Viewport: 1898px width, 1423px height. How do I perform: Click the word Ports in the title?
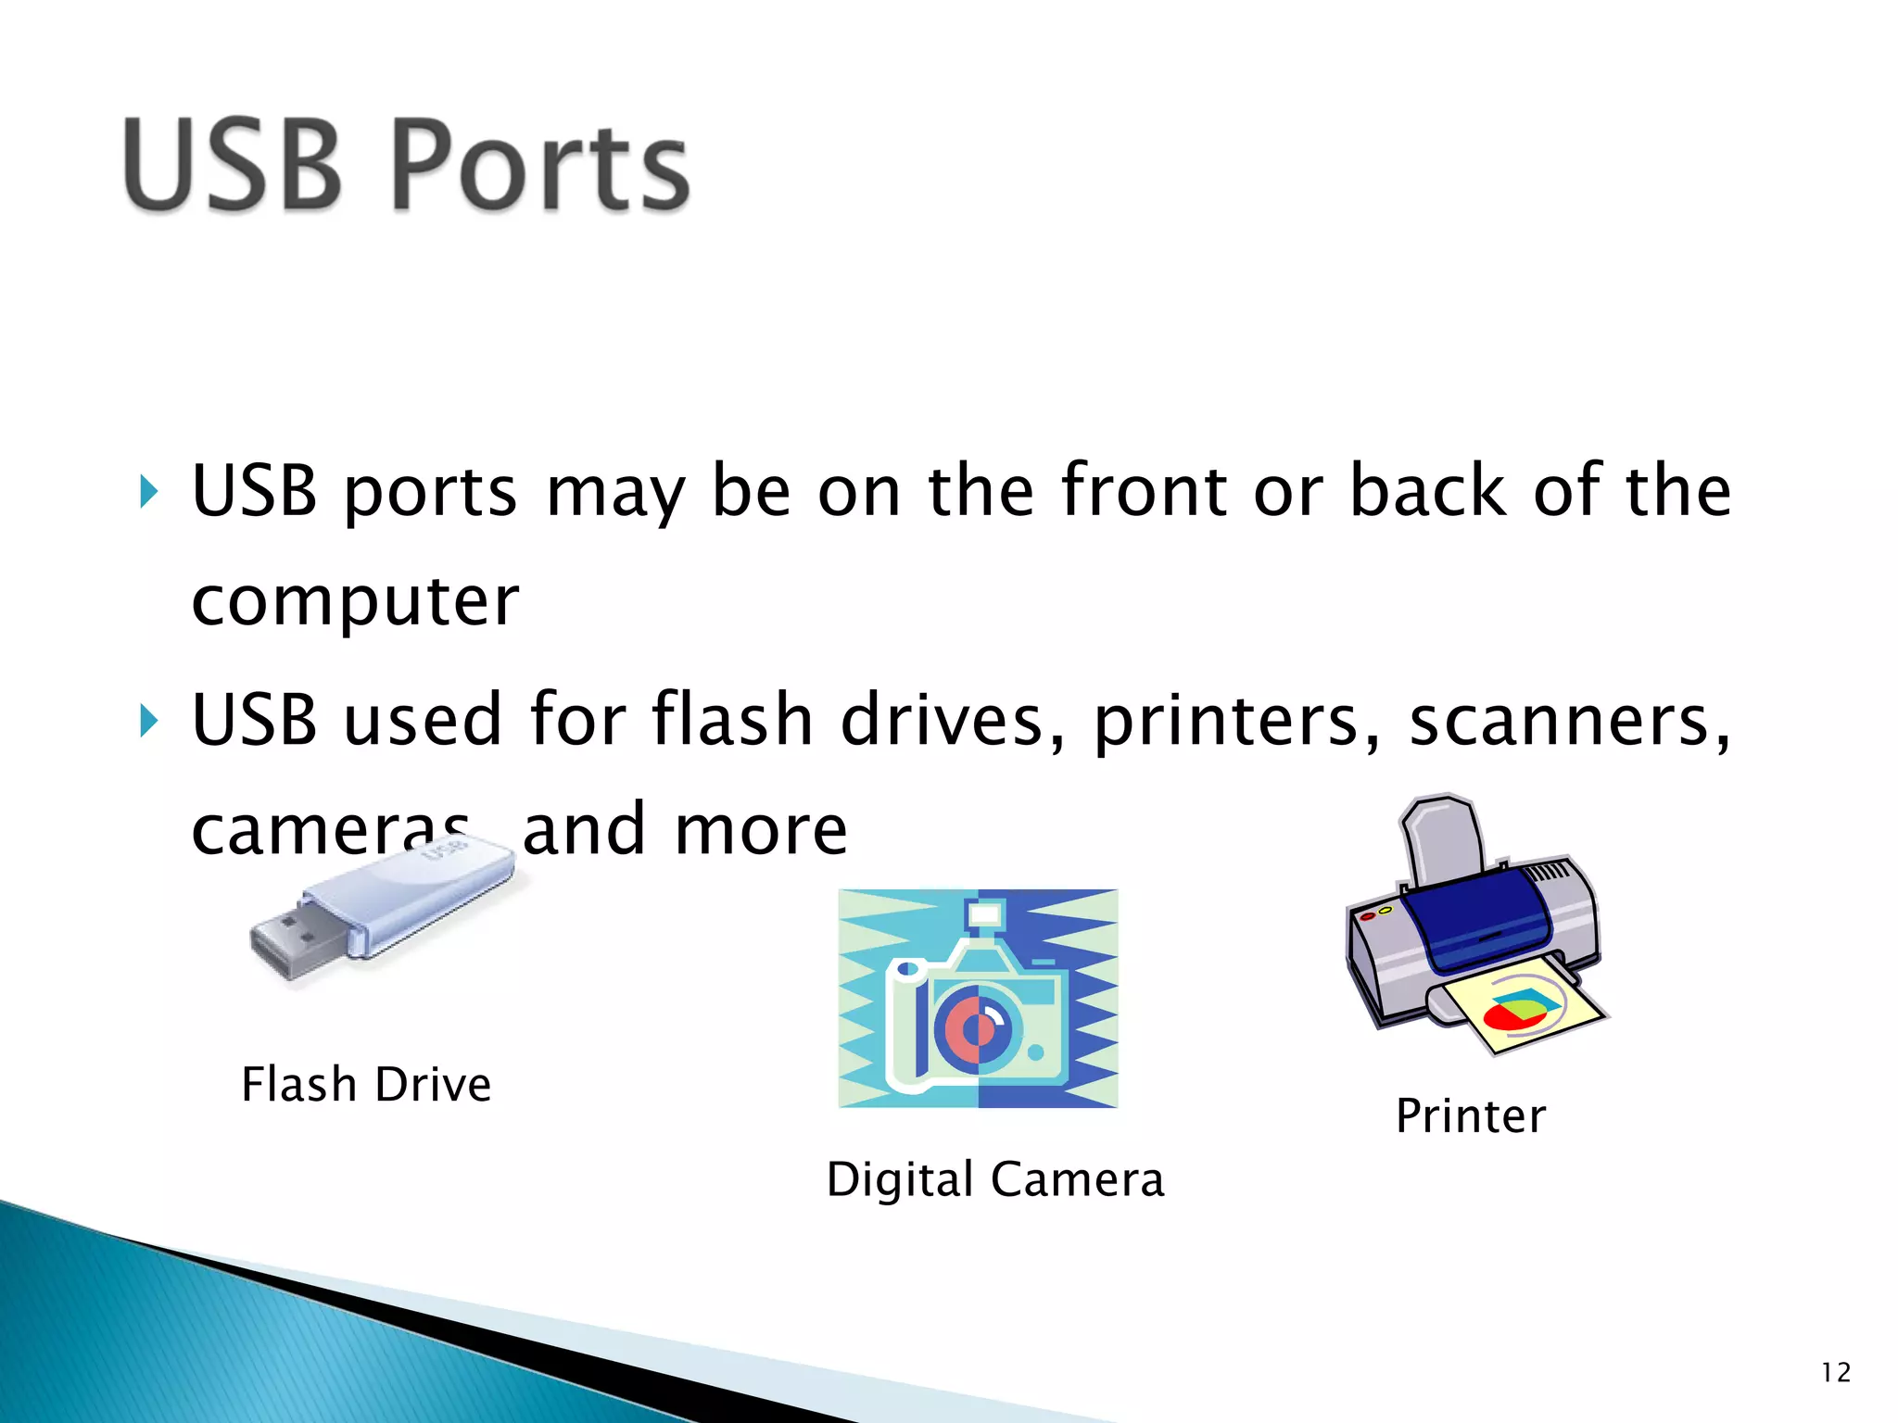pos(540,167)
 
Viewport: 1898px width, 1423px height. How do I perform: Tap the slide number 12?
pos(1836,1372)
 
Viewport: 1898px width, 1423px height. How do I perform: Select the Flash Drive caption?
pos(366,1085)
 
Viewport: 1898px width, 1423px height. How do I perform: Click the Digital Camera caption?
pos(995,1179)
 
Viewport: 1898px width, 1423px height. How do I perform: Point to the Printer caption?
pos(1471,1115)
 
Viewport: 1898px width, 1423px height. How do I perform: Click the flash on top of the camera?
pos(984,914)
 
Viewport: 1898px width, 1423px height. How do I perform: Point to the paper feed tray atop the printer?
pos(1441,834)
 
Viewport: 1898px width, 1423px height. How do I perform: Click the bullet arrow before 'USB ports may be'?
pos(148,492)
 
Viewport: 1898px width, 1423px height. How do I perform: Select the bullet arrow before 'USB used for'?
pos(148,721)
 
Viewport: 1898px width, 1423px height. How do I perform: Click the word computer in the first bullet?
pos(355,602)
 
